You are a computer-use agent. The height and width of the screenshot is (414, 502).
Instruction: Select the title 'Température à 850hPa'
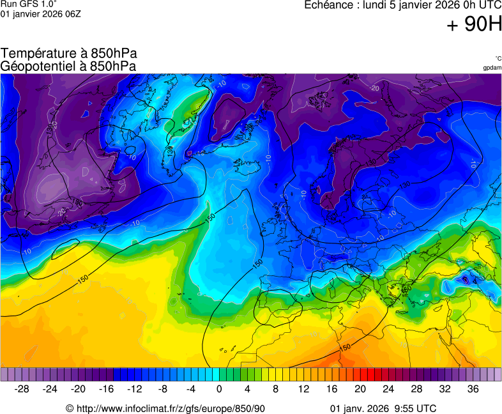tap(68, 54)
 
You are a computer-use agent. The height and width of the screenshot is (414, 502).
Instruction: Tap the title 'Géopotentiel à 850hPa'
tap(68, 66)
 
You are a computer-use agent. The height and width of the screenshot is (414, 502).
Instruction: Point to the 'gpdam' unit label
tap(492, 67)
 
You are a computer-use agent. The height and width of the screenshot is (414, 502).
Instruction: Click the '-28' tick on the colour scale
tap(22, 388)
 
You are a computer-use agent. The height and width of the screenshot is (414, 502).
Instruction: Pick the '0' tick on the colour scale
tap(219, 388)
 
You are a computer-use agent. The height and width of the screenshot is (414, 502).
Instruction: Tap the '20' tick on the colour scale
tap(360, 388)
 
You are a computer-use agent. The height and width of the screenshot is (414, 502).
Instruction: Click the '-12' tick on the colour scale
tap(134, 388)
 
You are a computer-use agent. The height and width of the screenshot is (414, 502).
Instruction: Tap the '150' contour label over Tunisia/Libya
tap(345, 347)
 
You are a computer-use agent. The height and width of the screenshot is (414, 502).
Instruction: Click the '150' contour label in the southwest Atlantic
tap(82, 279)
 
